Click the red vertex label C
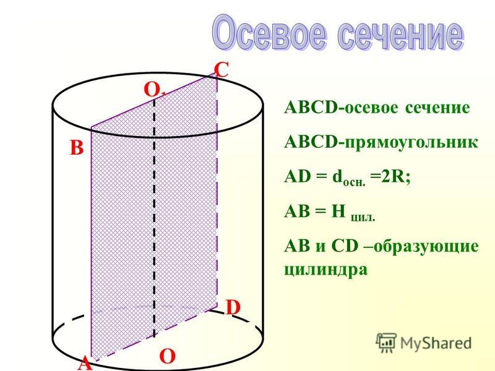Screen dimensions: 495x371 (x=222, y=70)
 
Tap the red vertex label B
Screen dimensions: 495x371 (x=76, y=147)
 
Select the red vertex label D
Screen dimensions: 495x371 (x=233, y=307)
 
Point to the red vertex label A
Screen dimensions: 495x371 (x=85, y=364)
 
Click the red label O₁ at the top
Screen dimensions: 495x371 (x=154, y=90)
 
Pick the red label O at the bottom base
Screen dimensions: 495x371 (x=167, y=357)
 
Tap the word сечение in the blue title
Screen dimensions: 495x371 (x=400, y=34)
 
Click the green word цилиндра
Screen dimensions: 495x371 (x=326, y=270)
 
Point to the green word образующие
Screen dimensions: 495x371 (x=426, y=246)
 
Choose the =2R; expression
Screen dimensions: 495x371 (x=390, y=176)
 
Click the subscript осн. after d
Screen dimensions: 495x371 (x=354, y=182)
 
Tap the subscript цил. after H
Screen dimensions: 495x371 (x=363, y=218)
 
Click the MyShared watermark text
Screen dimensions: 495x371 (x=436, y=343)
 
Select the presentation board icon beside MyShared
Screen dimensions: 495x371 (x=386, y=343)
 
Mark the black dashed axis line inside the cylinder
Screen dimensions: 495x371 (x=154, y=218)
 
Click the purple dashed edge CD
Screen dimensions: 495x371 (x=217, y=189)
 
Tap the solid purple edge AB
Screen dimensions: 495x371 (x=91, y=244)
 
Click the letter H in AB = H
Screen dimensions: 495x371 (x=338, y=211)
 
